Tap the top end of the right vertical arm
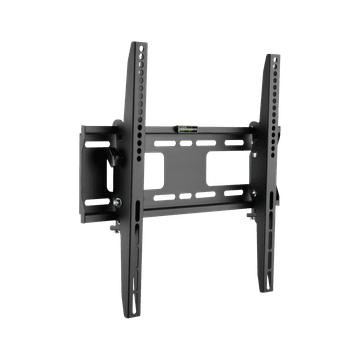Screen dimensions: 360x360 (x=271, y=57)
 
